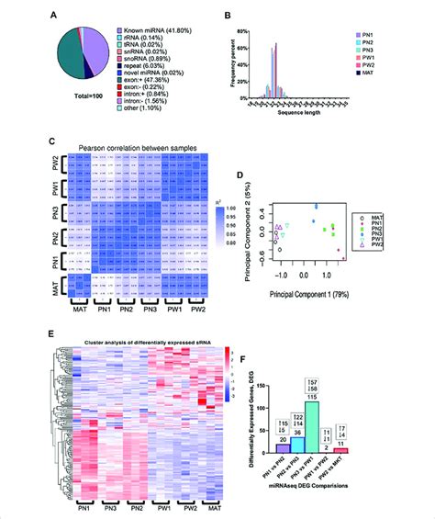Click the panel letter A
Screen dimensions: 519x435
[56, 12]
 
